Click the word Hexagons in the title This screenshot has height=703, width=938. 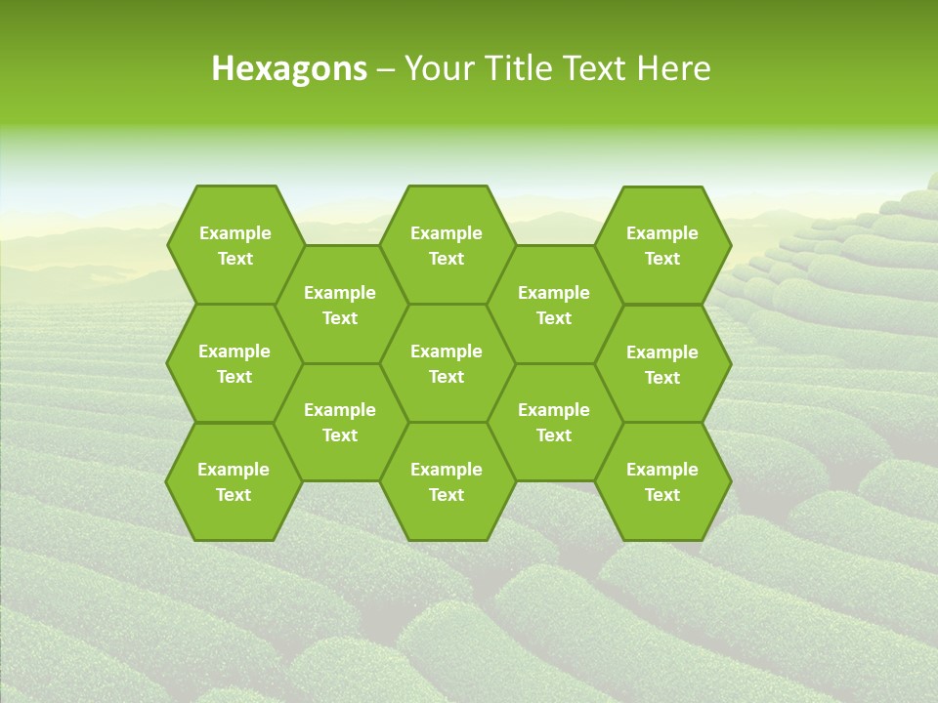tap(289, 68)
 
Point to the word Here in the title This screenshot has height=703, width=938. tap(673, 68)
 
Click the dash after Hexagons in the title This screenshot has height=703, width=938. tap(386, 69)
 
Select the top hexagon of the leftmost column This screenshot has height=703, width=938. tap(234, 245)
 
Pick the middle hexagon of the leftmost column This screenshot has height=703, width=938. tap(234, 363)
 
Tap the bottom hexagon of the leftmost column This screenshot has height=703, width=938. tap(234, 481)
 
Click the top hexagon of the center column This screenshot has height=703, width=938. tap(447, 245)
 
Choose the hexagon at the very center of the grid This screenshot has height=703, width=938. tap(447, 363)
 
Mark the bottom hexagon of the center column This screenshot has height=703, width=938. tap(447, 481)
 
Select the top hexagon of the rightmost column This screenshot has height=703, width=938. tap(662, 245)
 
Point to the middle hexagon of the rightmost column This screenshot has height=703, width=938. tap(662, 364)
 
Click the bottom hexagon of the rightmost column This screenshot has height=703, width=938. tap(662, 481)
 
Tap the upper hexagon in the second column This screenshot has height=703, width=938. tap(340, 305)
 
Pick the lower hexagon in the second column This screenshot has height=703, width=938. tap(340, 422)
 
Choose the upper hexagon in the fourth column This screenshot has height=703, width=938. tap(554, 305)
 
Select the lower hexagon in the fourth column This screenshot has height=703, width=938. tap(554, 422)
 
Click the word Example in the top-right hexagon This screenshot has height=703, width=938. tap(662, 233)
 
